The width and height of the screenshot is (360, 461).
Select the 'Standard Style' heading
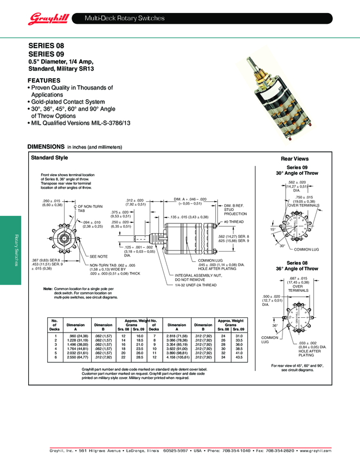(49, 158)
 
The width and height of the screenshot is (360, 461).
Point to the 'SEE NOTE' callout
(99, 256)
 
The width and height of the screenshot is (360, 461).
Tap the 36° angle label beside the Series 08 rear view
(275, 325)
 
